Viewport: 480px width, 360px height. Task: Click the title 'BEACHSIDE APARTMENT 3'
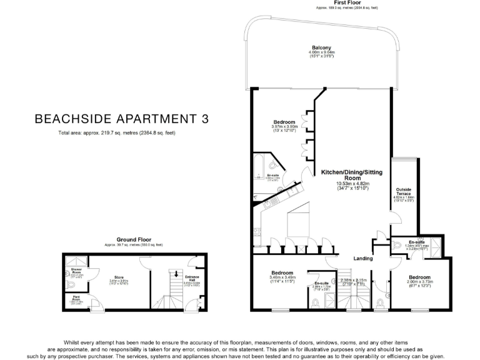pos(121,118)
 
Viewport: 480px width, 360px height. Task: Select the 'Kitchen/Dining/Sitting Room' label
pos(350,174)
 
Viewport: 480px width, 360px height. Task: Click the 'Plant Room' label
pos(76,298)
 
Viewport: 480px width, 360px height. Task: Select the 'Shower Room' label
pos(76,270)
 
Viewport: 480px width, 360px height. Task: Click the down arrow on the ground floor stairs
pos(176,272)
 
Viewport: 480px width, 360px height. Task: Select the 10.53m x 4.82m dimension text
pos(350,184)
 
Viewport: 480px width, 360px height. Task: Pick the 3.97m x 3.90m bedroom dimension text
pos(284,127)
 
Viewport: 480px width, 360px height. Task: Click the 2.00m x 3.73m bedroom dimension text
pos(419,281)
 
